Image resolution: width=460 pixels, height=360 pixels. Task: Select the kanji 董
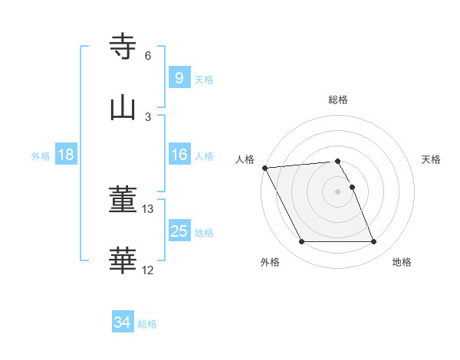[x=123, y=201]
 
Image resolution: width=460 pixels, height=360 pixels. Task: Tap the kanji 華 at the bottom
[x=123, y=261]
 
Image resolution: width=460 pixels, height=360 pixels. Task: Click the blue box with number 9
[x=179, y=77]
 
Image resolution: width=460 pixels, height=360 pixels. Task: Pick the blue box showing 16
[x=179, y=155]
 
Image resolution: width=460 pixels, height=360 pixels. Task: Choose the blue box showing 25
[x=179, y=231]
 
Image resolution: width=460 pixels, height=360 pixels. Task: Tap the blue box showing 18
[x=66, y=155]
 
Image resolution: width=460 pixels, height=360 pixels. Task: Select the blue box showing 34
[x=122, y=322]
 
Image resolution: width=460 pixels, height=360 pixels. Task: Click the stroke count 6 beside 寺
[x=148, y=56]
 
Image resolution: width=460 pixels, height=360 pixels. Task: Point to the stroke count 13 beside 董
[x=148, y=209]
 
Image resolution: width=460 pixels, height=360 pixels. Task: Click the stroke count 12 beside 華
[x=148, y=270]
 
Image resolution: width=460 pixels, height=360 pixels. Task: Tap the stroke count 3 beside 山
[x=148, y=116]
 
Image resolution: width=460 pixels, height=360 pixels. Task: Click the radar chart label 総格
[x=338, y=100]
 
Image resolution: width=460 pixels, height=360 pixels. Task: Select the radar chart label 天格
[x=432, y=159]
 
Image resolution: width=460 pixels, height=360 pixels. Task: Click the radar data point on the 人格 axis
[x=264, y=168]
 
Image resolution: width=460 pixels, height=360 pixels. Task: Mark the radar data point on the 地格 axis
[x=374, y=242]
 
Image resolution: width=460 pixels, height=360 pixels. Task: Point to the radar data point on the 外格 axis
[x=301, y=242]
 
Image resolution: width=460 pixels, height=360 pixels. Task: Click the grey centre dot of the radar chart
[x=338, y=191]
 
